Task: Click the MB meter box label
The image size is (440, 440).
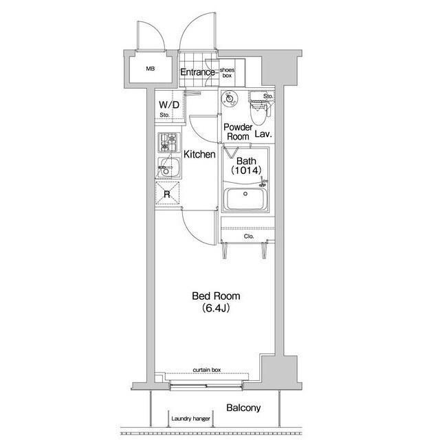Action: pyautogui.click(x=150, y=69)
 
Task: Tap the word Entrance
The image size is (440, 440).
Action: pyautogui.click(x=197, y=72)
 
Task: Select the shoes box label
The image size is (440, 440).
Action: pyautogui.click(x=227, y=73)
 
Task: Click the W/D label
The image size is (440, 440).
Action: pyautogui.click(x=169, y=104)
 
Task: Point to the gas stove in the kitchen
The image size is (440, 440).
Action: pyautogui.click(x=168, y=142)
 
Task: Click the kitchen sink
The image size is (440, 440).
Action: pyautogui.click(x=168, y=168)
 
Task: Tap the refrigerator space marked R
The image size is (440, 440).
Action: pyautogui.click(x=167, y=194)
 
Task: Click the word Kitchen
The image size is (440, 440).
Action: pyautogui.click(x=199, y=154)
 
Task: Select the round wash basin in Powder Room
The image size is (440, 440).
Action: pyautogui.click(x=230, y=98)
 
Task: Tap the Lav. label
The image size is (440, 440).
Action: pyautogui.click(x=263, y=134)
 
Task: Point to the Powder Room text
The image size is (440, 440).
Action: pyautogui.click(x=238, y=132)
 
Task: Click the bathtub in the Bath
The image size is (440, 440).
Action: pyautogui.click(x=245, y=199)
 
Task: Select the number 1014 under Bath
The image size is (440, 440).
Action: pyautogui.click(x=246, y=170)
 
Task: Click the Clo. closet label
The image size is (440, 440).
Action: pyautogui.click(x=249, y=236)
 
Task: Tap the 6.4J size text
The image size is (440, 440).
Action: pyautogui.click(x=216, y=308)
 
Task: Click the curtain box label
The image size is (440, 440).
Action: pyautogui.click(x=207, y=370)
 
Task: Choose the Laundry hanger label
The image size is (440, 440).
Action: pyautogui.click(x=191, y=419)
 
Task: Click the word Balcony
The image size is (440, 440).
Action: pyautogui.click(x=243, y=408)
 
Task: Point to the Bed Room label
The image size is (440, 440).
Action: pyautogui.click(x=216, y=296)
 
